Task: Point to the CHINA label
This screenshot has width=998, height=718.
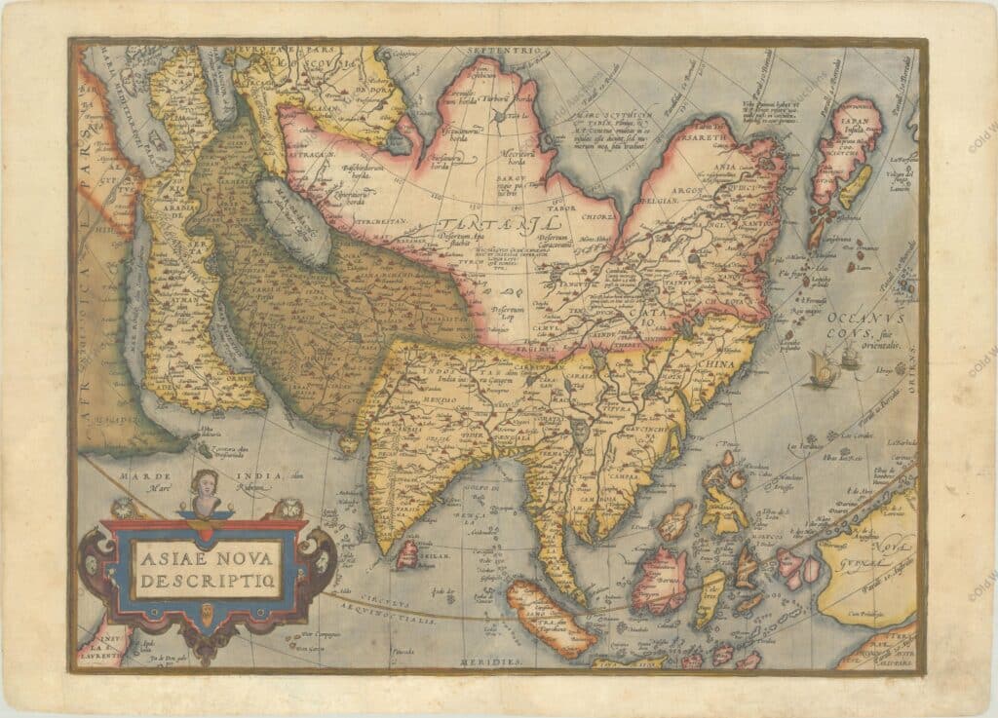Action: tap(716, 366)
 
